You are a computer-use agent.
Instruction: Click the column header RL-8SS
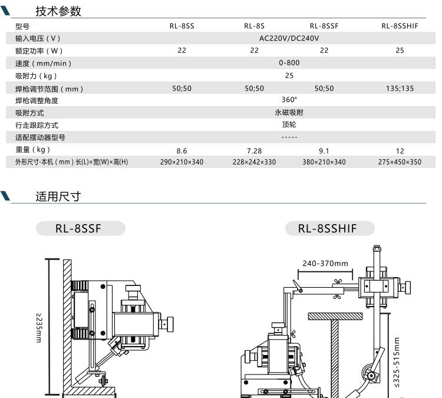182,26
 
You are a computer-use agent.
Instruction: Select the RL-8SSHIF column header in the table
400,26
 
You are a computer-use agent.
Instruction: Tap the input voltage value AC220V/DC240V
289,38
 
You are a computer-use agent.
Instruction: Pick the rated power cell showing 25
400,51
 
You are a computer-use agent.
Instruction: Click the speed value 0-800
289,63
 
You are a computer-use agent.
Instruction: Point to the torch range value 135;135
400,88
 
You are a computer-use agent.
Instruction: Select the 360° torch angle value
289,100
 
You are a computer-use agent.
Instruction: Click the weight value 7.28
254,151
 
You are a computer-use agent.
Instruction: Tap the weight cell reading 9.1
324,151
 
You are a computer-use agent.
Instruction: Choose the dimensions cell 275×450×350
400,162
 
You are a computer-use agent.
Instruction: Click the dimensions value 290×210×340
182,162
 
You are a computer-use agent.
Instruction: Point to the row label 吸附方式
29,113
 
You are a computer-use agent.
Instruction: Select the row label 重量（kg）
32,150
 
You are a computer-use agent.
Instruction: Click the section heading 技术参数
58,11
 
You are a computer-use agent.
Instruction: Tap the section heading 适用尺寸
58,196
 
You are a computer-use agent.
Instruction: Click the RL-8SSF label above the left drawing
78,228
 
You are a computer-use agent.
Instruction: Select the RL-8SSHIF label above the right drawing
328,228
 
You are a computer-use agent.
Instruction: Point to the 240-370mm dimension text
325,264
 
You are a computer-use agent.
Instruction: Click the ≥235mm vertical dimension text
39,327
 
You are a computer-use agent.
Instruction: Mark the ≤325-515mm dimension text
397,362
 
